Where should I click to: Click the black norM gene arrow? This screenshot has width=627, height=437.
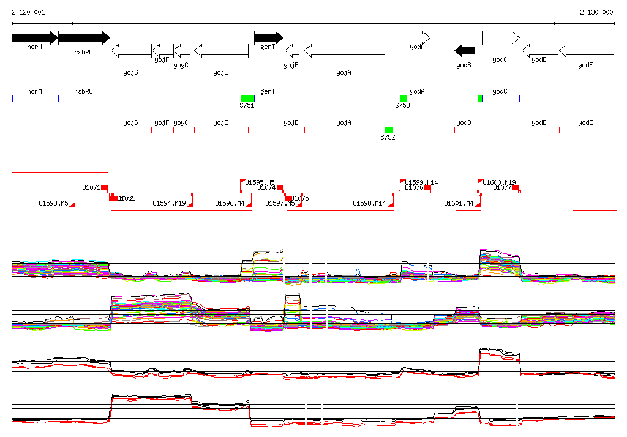click(x=34, y=38)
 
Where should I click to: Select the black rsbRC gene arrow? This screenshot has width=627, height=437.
click(x=83, y=38)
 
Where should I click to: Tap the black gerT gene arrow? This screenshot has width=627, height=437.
click(x=268, y=38)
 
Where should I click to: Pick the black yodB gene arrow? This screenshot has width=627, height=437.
click(x=465, y=50)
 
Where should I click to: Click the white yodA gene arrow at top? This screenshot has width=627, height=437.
click(x=418, y=38)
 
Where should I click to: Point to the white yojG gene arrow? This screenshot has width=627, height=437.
click(x=131, y=51)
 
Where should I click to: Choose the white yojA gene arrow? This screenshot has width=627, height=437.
click(x=344, y=51)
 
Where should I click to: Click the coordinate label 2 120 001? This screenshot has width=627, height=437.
click(x=28, y=12)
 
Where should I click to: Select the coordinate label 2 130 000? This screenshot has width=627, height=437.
click(x=596, y=12)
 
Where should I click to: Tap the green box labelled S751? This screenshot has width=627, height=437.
click(x=247, y=99)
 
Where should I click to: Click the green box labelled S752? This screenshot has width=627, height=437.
click(x=388, y=130)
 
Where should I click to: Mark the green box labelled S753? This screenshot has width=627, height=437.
click(x=403, y=99)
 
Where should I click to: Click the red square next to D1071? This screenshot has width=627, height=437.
click(x=104, y=187)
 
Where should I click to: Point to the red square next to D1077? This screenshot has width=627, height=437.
click(x=516, y=187)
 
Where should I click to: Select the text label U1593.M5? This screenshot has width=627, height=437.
click(x=53, y=203)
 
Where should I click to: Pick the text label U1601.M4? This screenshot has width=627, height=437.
click(x=459, y=203)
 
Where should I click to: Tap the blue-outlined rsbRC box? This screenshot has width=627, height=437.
click(x=84, y=99)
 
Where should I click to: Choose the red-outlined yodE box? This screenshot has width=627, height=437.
click(x=586, y=130)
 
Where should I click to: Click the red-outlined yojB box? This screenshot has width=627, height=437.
click(x=291, y=130)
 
